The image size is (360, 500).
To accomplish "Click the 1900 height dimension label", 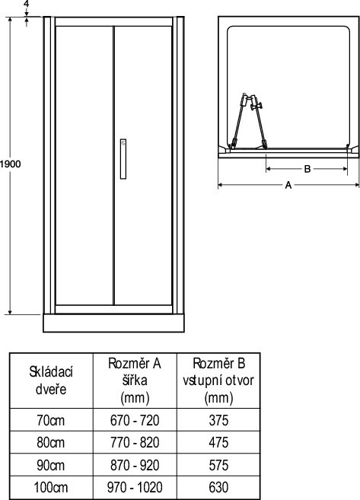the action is click(x=10, y=164).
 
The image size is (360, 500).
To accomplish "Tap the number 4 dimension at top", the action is click(x=27, y=4).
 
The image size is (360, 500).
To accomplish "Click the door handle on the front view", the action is click(x=123, y=159).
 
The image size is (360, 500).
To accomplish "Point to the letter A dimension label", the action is click(x=288, y=185).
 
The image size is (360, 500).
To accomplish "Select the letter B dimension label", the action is click(x=307, y=169).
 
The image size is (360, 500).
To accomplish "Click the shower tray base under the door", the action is click(x=113, y=323).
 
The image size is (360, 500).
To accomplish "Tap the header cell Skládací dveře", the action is click(x=51, y=381).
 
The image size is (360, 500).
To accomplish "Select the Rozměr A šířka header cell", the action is click(x=135, y=381).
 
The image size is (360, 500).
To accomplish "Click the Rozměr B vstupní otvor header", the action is click(x=218, y=381).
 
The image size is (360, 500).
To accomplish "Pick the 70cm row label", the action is click(x=51, y=420).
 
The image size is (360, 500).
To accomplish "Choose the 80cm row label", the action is click(x=51, y=443).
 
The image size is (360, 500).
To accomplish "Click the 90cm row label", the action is click(x=51, y=465).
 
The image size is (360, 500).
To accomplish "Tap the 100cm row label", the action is click(x=51, y=488).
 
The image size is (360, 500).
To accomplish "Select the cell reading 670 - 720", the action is click(x=135, y=420).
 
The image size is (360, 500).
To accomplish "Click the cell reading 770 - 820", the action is click(x=135, y=443).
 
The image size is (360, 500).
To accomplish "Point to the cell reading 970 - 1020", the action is click(x=135, y=488).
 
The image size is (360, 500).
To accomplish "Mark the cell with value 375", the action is click(x=218, y=420).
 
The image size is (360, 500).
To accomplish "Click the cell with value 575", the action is click(x=218, y=465).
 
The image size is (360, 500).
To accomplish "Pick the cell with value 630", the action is click(x=218, y=488).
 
